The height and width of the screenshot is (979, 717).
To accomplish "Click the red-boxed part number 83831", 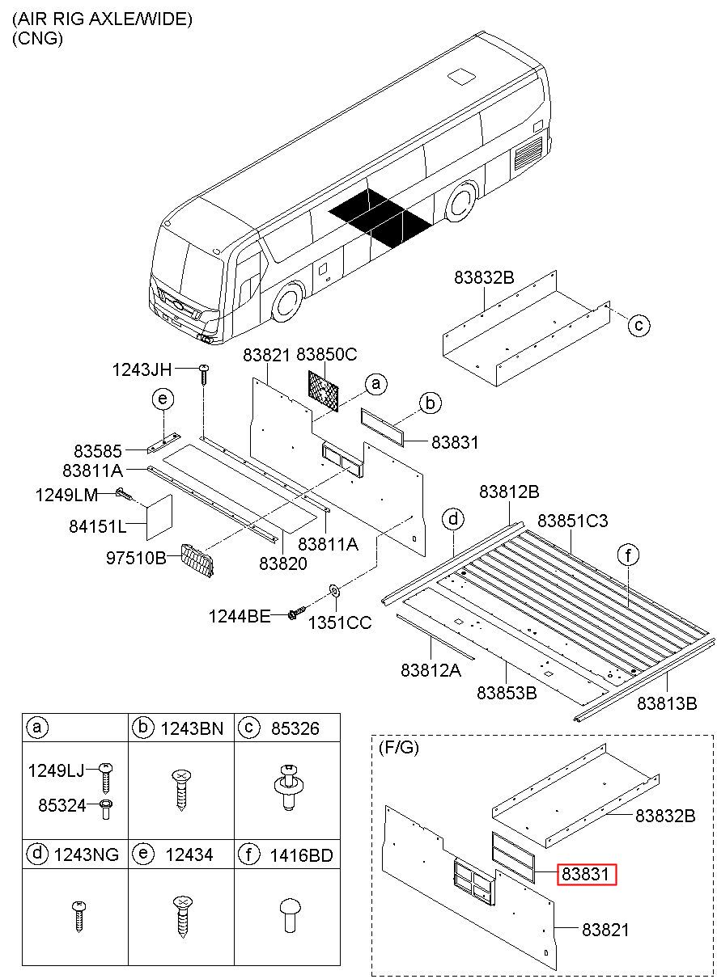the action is tap(586, 874).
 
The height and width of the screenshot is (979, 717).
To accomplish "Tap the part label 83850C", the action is tap(326, 354).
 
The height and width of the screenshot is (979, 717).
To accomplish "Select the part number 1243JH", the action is tap(142, 369).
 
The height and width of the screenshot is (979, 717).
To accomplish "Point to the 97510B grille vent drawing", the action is tap(198, 560).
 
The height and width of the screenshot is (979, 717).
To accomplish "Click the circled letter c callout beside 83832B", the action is tap(639, 325).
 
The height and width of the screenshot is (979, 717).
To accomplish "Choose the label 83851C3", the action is tap(573, 521).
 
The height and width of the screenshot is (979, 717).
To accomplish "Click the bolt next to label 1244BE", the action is tap(299, 613).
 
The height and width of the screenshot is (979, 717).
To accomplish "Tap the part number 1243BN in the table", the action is tap(192, 728).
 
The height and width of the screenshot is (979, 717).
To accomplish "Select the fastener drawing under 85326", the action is tap(287, 787).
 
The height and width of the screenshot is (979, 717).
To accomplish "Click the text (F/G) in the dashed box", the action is tap(398, 748).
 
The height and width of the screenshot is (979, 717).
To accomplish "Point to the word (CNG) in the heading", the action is tap(37, 39).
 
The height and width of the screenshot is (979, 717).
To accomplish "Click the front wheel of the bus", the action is tap(288, 301).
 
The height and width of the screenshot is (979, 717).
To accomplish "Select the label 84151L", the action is tap(98, 526).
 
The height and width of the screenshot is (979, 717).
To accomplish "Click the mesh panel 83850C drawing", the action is tap(323, 391).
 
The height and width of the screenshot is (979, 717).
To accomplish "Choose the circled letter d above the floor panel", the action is tap(453, 519).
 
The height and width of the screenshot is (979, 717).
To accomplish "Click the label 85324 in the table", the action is tap(62, 804).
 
